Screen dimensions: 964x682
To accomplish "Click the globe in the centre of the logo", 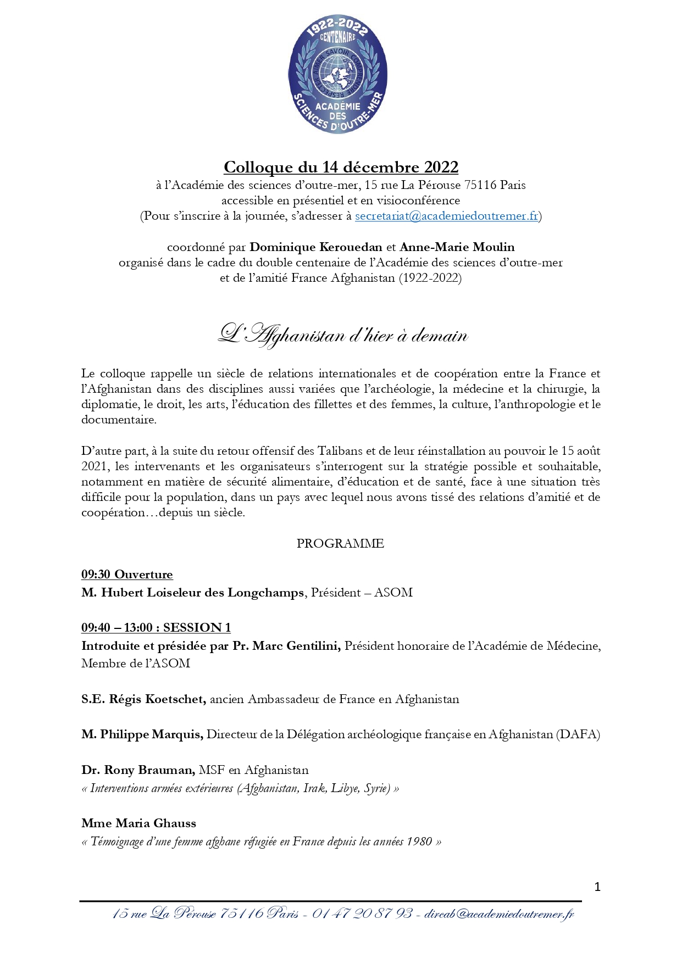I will point(337,74).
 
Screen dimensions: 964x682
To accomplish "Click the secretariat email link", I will point(446,216).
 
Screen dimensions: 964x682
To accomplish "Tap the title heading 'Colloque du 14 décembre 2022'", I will point(341,167).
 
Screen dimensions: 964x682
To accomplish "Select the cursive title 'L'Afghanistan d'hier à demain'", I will point(343,335).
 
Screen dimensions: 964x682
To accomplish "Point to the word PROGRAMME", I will point(340,543).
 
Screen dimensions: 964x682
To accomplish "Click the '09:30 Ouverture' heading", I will point(127,575).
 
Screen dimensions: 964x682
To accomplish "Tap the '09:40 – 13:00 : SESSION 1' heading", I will point(156,627).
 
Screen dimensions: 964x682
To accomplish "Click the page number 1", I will point(597,887).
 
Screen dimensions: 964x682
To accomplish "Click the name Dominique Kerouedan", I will point(315,247).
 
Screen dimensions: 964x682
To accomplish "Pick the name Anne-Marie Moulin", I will point(457,247).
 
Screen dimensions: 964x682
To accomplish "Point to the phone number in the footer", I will point(362,913).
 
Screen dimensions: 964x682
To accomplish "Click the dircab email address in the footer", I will point(499,913).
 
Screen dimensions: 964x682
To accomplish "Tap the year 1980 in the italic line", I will point(419,842).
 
